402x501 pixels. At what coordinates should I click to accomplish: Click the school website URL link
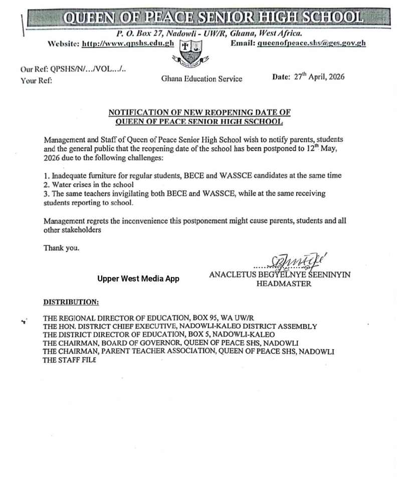click(127, 44)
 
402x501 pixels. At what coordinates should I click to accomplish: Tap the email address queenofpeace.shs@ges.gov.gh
click(311, 43)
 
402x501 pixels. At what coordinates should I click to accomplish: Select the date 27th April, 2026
click(319, 77)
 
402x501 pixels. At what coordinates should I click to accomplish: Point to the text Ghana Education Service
click(202, 79)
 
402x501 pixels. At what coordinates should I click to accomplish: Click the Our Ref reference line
click(73, 70)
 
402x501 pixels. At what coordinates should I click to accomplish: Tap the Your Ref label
click(36, 80)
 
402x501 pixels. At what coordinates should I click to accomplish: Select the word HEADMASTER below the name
click(284, 284)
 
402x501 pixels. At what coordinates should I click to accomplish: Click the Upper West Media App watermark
click(138, 279)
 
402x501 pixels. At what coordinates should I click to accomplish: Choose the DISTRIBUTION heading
click(71, 302)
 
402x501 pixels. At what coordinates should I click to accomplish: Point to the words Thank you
click(61, 247)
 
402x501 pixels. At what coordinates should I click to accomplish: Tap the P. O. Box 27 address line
click(209, 34)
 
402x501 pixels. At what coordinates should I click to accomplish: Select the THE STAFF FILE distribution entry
click(69, 360)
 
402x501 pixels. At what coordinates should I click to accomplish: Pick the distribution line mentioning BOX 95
click(149, 318)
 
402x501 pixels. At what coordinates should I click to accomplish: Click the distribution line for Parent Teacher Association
click(188, 352)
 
